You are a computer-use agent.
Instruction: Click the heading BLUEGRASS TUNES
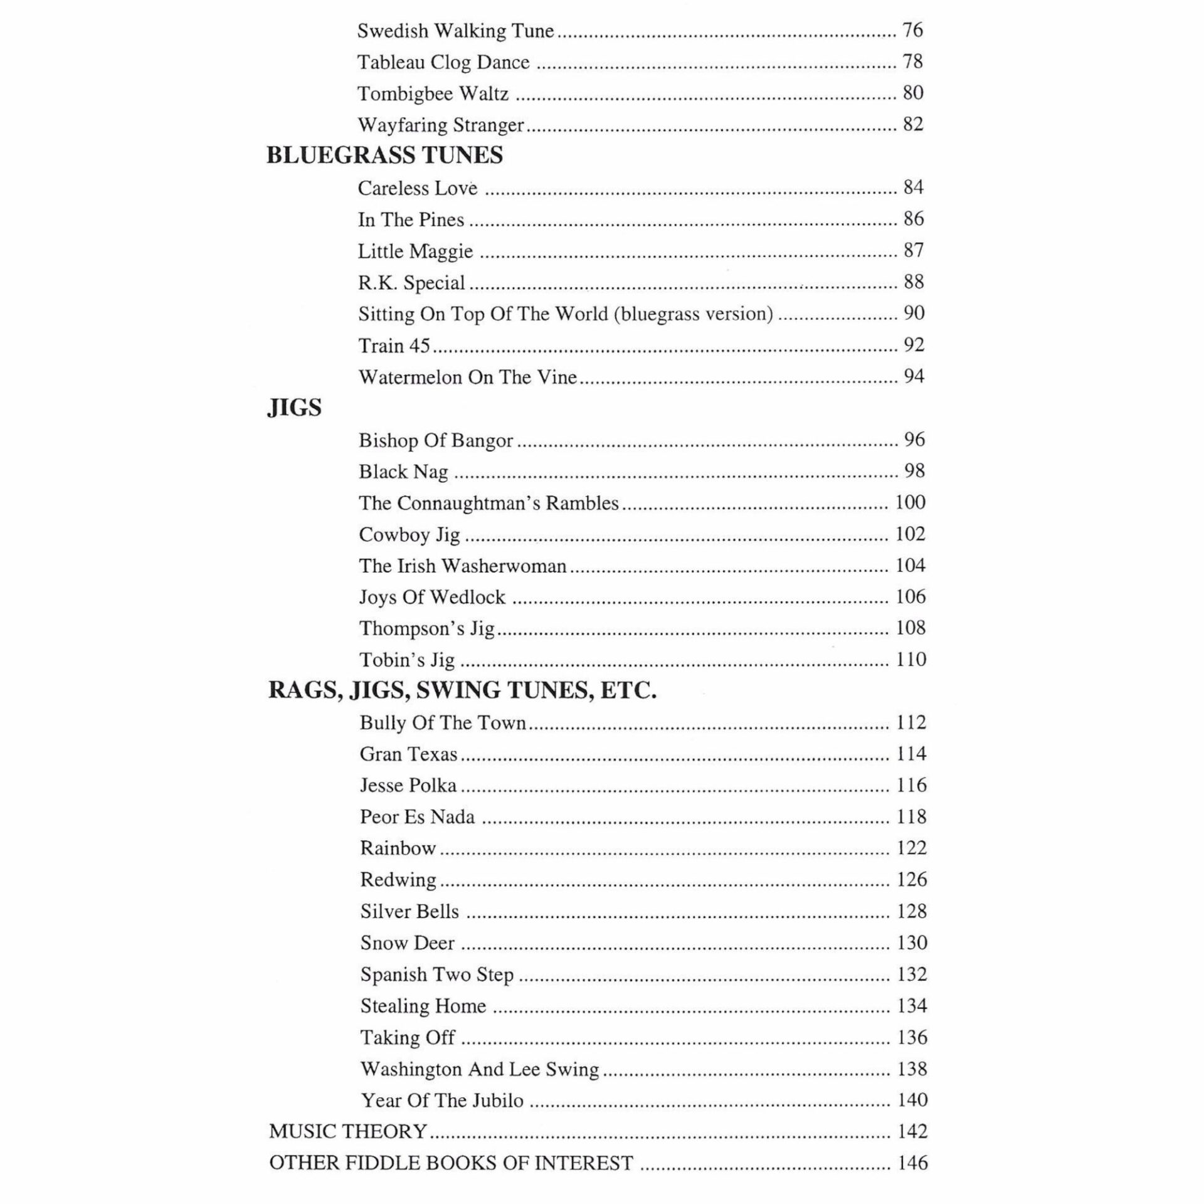pyautogui.click(x=384, y=156)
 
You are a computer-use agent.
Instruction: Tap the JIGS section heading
pyautogui.click(x=294, y=408)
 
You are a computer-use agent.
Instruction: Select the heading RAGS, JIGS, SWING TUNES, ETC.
pyautogui.click(x=462, y=690)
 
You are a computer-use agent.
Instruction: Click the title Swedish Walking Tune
pyautogui.click(x=455, y=31)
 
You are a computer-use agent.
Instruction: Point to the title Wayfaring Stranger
pyautogui.click(x=440, y=125)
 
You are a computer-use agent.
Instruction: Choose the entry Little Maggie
pyautogui.click(x=415, y=251)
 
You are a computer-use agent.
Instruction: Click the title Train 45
pyautogui.click(x=394, y=346)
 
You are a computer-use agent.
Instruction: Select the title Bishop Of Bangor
pyautogui.click(x=436, y=440)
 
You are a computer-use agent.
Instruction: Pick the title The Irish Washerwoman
pyautogui.click(x=462, y=566)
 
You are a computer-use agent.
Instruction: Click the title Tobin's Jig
pyautogui.click(x=407, y=660)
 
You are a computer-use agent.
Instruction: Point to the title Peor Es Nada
pyautogui.click(x=417, y=816)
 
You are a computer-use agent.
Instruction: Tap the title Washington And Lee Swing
pyautogui.click(x=480, y=1069)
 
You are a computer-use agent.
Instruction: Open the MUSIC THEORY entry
pyautogui.click(x=348, y=1131)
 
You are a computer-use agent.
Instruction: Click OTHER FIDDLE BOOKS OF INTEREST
pyautogui.click(x=451, y=1163)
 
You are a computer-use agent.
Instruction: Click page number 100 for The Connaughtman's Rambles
pyautogui.click(x=910, y=502)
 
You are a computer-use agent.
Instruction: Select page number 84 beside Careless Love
pyautogui.click(x=914, y=187)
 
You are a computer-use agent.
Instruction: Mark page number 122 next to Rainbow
pyautogui.click(x=911, y=848)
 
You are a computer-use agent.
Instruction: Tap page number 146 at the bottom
pyautogui.click(x=912, y=1163)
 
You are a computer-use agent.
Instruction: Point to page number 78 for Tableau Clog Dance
pyautogui.click(x=913, y=61)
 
